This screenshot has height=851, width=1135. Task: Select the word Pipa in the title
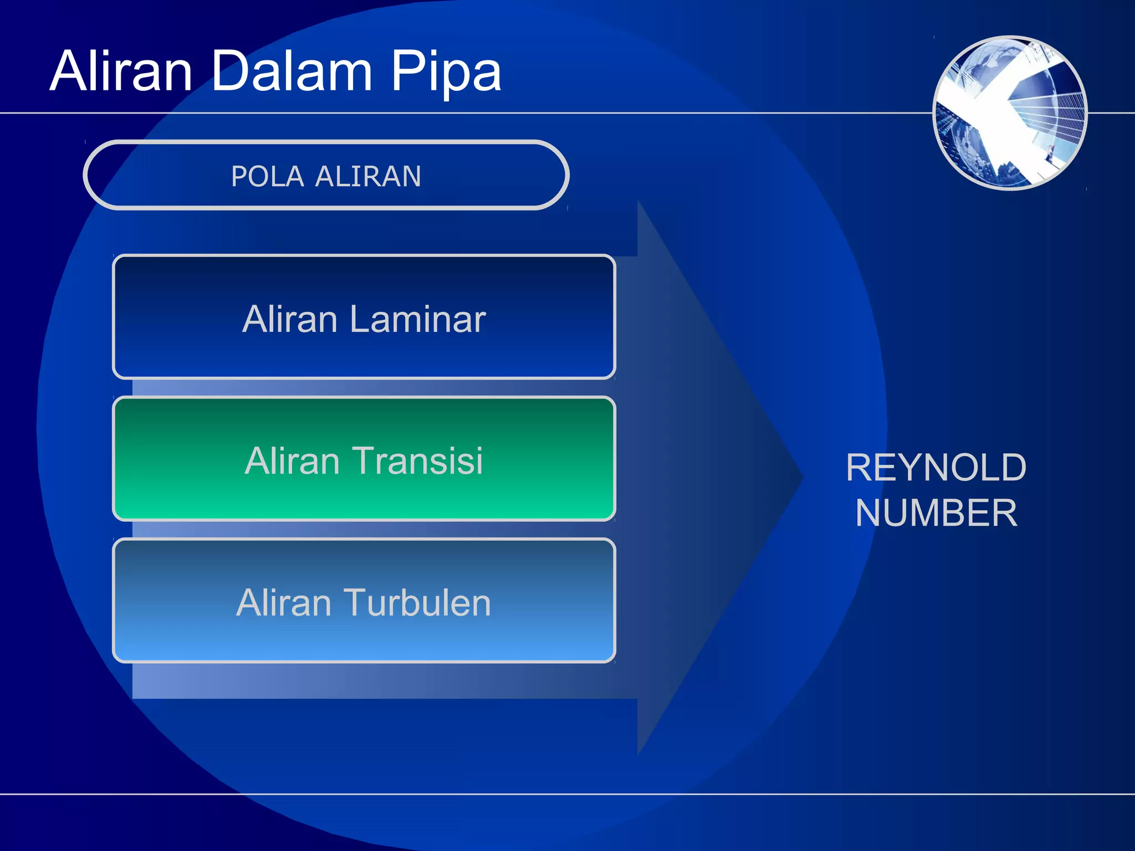[x=446, y=72]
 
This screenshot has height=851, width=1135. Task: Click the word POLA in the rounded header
[x=267, y=177]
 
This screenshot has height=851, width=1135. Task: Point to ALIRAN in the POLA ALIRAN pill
[x=368, y=177]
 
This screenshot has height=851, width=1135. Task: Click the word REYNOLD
[x=936, y=467]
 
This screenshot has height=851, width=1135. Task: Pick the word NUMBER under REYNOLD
[x=936, y=512]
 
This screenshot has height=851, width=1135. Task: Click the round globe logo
[x=1010, y=113]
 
